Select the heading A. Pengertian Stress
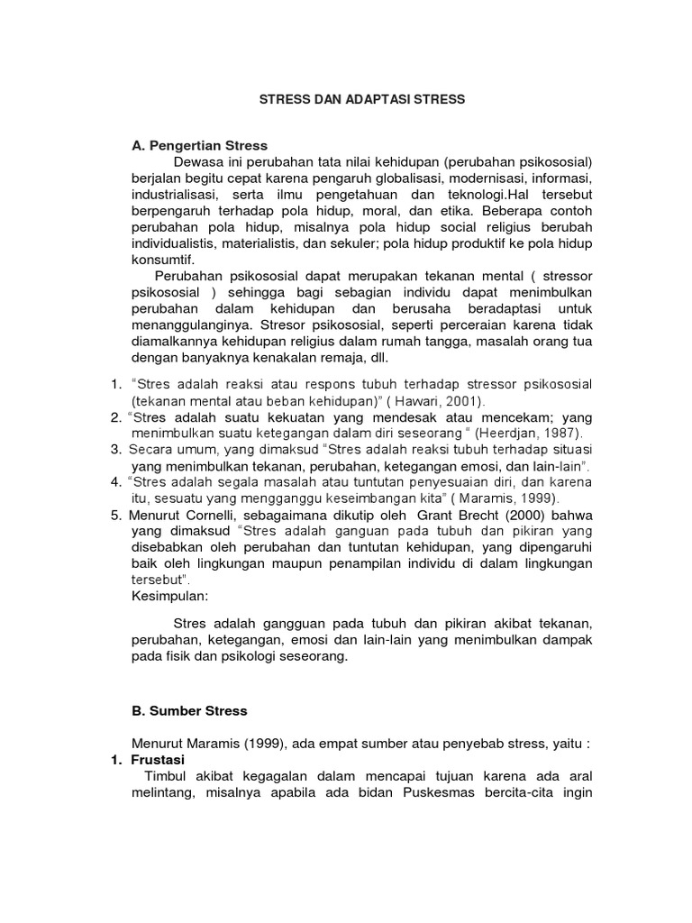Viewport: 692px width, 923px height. (199, 145)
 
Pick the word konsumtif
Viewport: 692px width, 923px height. (161, 260)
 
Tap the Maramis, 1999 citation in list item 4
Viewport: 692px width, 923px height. (512, 498)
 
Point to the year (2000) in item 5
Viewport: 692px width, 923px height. (492, 515)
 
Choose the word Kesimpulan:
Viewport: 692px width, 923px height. (169, 597)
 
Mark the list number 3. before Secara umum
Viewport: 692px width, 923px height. (116, 449)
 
